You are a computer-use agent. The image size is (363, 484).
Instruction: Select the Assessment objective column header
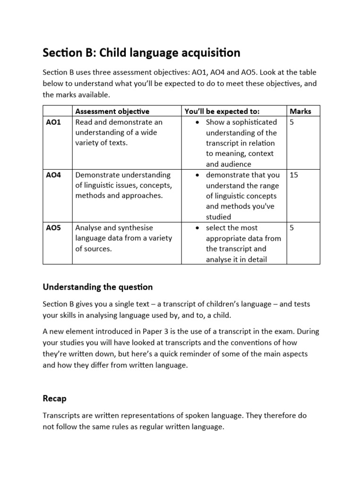[112, 112]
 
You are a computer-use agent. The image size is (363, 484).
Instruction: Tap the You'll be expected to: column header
[222, 112]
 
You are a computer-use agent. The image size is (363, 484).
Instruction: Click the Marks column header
[300, 112]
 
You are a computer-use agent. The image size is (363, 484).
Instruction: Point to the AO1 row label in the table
[53, 122]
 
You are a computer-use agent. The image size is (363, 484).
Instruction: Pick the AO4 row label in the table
[53, 175]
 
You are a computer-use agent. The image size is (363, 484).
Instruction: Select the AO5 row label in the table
[53, 228]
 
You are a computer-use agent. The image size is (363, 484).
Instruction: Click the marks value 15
[294, 175]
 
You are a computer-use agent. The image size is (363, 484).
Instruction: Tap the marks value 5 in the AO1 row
[292, 122]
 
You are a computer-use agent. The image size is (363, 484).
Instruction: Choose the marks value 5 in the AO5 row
[292, 228]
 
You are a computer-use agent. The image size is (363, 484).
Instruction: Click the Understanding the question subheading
[98, 287]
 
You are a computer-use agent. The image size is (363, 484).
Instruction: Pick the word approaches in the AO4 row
[145, 196]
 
